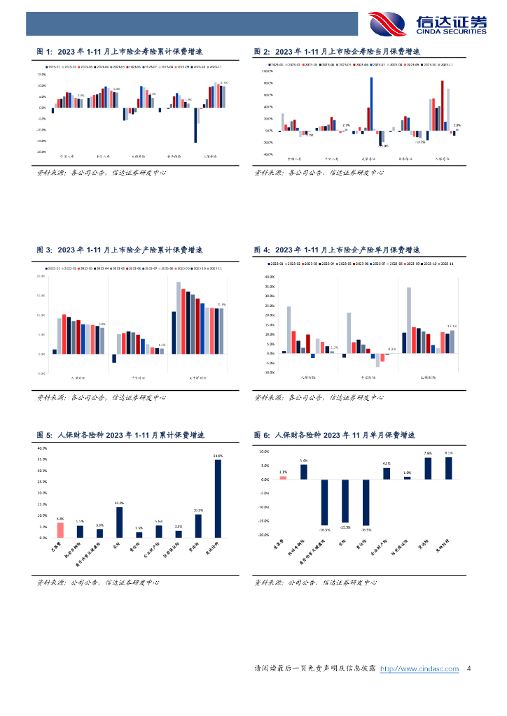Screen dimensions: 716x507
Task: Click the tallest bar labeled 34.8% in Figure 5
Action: pyautogui.click(x=218, y=499)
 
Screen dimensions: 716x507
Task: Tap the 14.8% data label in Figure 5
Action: pyautogui.click(x=119, y=503)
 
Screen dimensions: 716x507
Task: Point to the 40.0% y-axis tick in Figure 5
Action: pyautogui.click(x=41, y=448)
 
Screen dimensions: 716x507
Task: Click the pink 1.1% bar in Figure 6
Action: pyautogui.click(x=283, y=478)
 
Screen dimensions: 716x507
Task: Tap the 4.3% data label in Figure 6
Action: pyautogui.click(x=387, y=464)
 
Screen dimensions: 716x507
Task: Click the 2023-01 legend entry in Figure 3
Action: pyautogui.click(x=54, y=268)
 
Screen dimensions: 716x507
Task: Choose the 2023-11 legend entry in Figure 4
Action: pyautogui.click(x=445, y=264)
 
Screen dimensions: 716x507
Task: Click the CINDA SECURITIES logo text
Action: pyautogui.click(x=451, y=31)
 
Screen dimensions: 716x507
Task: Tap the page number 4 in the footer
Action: pyautogui.click(x=468, y=669)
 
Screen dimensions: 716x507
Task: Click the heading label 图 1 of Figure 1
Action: pyautogui.click(x=44, y=52)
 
